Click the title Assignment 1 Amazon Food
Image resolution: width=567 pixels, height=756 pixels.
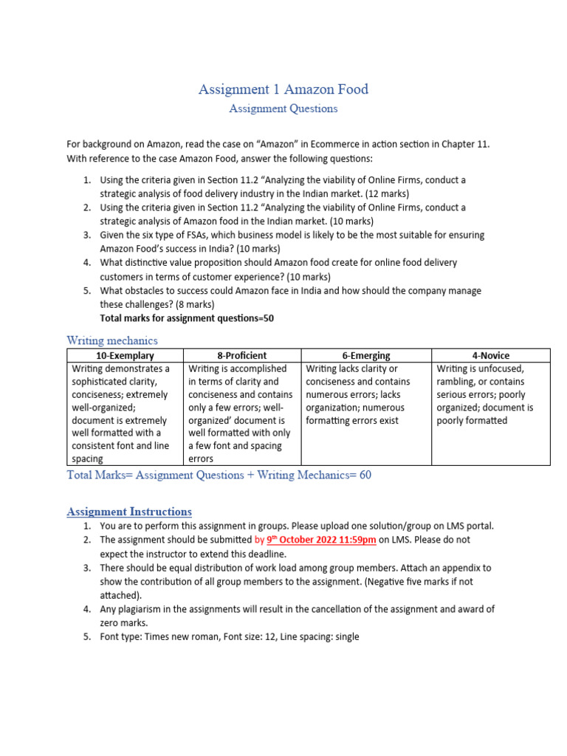pyautogui.click(x=283, y=89)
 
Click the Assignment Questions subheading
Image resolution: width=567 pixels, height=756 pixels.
pyautogui.click(x=283, y=109)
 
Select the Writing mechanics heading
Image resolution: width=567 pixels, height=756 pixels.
pyautogui.click(x=112, y=340)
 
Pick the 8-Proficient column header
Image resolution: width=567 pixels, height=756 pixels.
pyautogui.click(x=242, y=355)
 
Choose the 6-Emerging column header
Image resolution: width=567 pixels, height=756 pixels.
pyautogui.click(x=366, y=355)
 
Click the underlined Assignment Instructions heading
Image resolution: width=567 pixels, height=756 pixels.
pyautogui.click(x=129, y=512)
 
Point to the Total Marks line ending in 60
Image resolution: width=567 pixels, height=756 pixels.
pyautogui.click(x=219, y=475)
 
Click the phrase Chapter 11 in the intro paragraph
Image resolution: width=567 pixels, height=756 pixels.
pyautogui.click(x=466, y=145)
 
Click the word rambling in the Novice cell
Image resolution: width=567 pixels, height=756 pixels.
pyautogui.click(x=459, y=382)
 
